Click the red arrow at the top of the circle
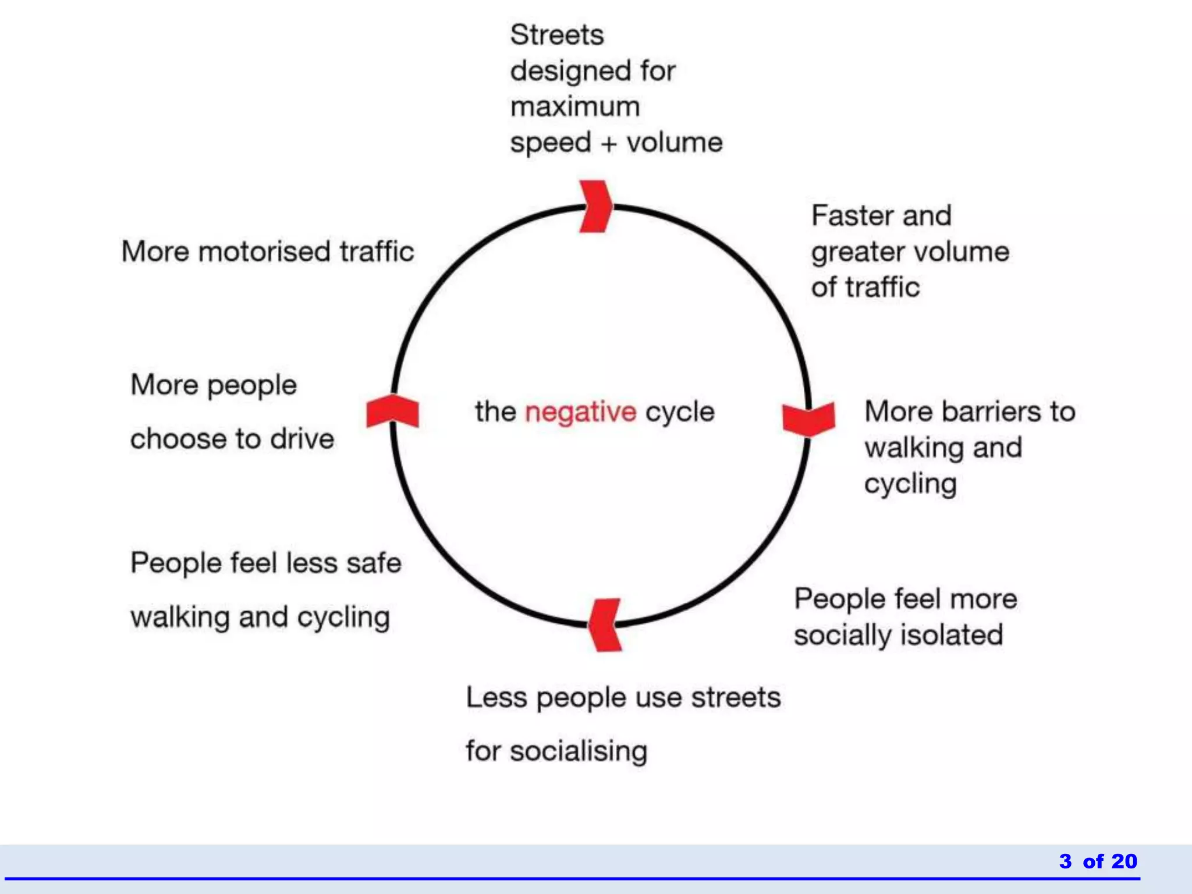(595, 207)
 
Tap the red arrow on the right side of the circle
(809, 418)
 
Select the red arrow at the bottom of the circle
(605, 625)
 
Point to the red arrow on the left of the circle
(392, 411)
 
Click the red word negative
(580, 412)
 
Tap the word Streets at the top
(557, 35)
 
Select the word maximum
(575, 107)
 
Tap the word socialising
(579, 751)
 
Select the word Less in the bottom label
(496, 697)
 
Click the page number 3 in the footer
(1065, 861)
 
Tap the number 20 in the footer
(1123, 861)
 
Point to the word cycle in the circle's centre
(680, 412)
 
